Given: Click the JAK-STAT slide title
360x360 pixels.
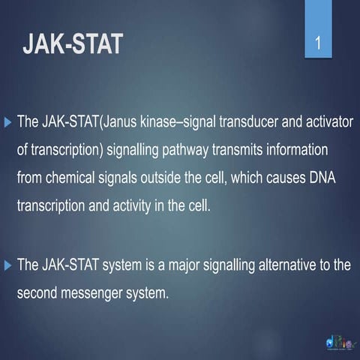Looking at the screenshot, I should coord(73,43).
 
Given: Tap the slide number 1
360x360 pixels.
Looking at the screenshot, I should coord(319,44).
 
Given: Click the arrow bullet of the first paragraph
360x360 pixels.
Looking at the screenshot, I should coord(8,121).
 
